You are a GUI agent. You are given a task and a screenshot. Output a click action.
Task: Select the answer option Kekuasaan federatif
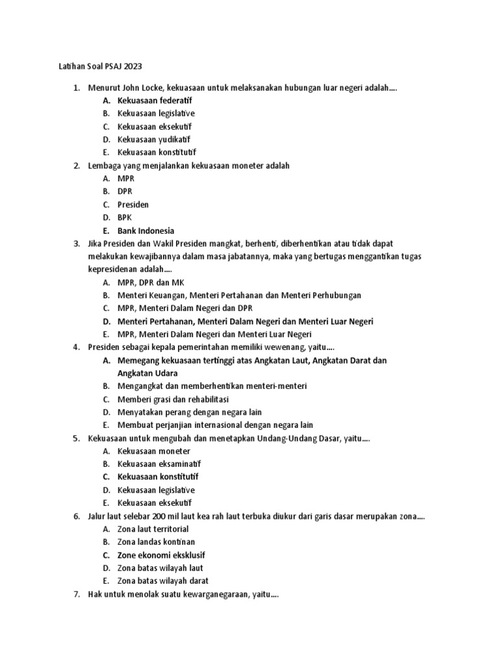click(155, 101)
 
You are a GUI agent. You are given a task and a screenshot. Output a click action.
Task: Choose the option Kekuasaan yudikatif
click(154, 140)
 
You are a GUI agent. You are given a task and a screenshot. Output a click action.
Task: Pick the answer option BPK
click(125, 218)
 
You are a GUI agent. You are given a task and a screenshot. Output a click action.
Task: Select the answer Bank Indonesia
click(146, 231)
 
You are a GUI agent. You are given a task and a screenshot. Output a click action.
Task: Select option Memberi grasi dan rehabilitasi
click(173, 399)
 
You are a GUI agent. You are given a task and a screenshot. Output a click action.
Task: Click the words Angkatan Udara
click(147, 373)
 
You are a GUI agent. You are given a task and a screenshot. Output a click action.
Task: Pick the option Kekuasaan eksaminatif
click(159, 464)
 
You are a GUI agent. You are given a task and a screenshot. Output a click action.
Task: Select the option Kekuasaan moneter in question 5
click(154, 451)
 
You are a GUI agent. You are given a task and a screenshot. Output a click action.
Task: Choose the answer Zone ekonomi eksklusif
click(161, 555)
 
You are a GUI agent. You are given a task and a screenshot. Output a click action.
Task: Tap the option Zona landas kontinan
click(156, 542)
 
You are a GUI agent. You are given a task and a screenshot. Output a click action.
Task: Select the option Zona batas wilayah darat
click(163, 581)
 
